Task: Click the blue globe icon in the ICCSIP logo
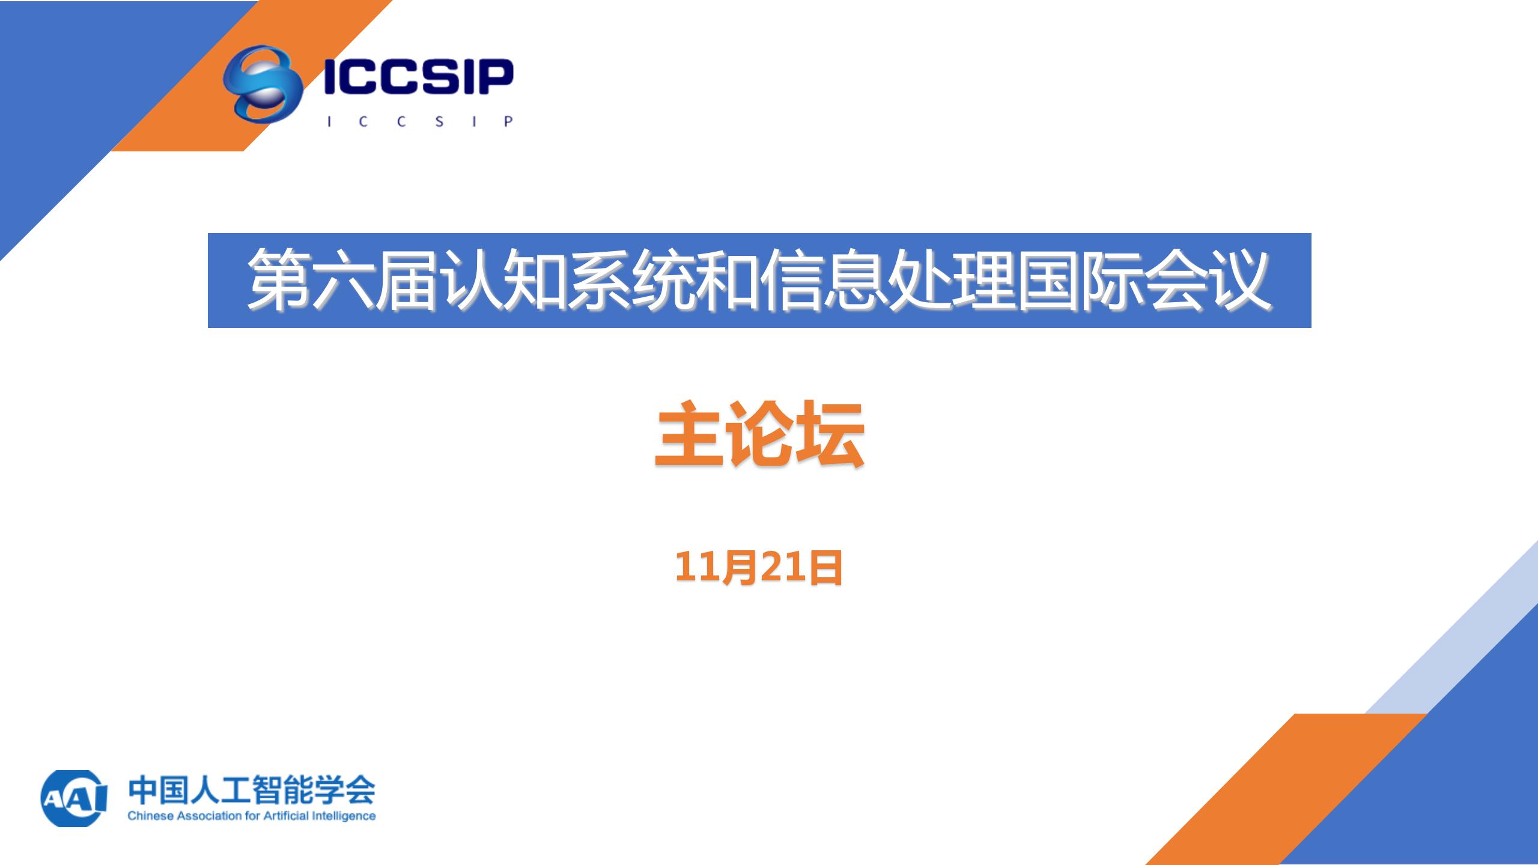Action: tap(263, 83)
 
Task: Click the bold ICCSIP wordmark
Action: tap(418, 77)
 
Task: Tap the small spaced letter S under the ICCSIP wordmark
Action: tap(439, 121)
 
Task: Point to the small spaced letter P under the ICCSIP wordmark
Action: tap(508, 121)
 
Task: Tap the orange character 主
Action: tap(689, 434)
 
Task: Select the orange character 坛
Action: tap(830, 434)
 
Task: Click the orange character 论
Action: tap(759, 434)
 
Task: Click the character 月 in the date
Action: tap(740, 568)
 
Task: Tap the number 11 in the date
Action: tap(698, 567)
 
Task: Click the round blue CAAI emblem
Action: tap(74, 798)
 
